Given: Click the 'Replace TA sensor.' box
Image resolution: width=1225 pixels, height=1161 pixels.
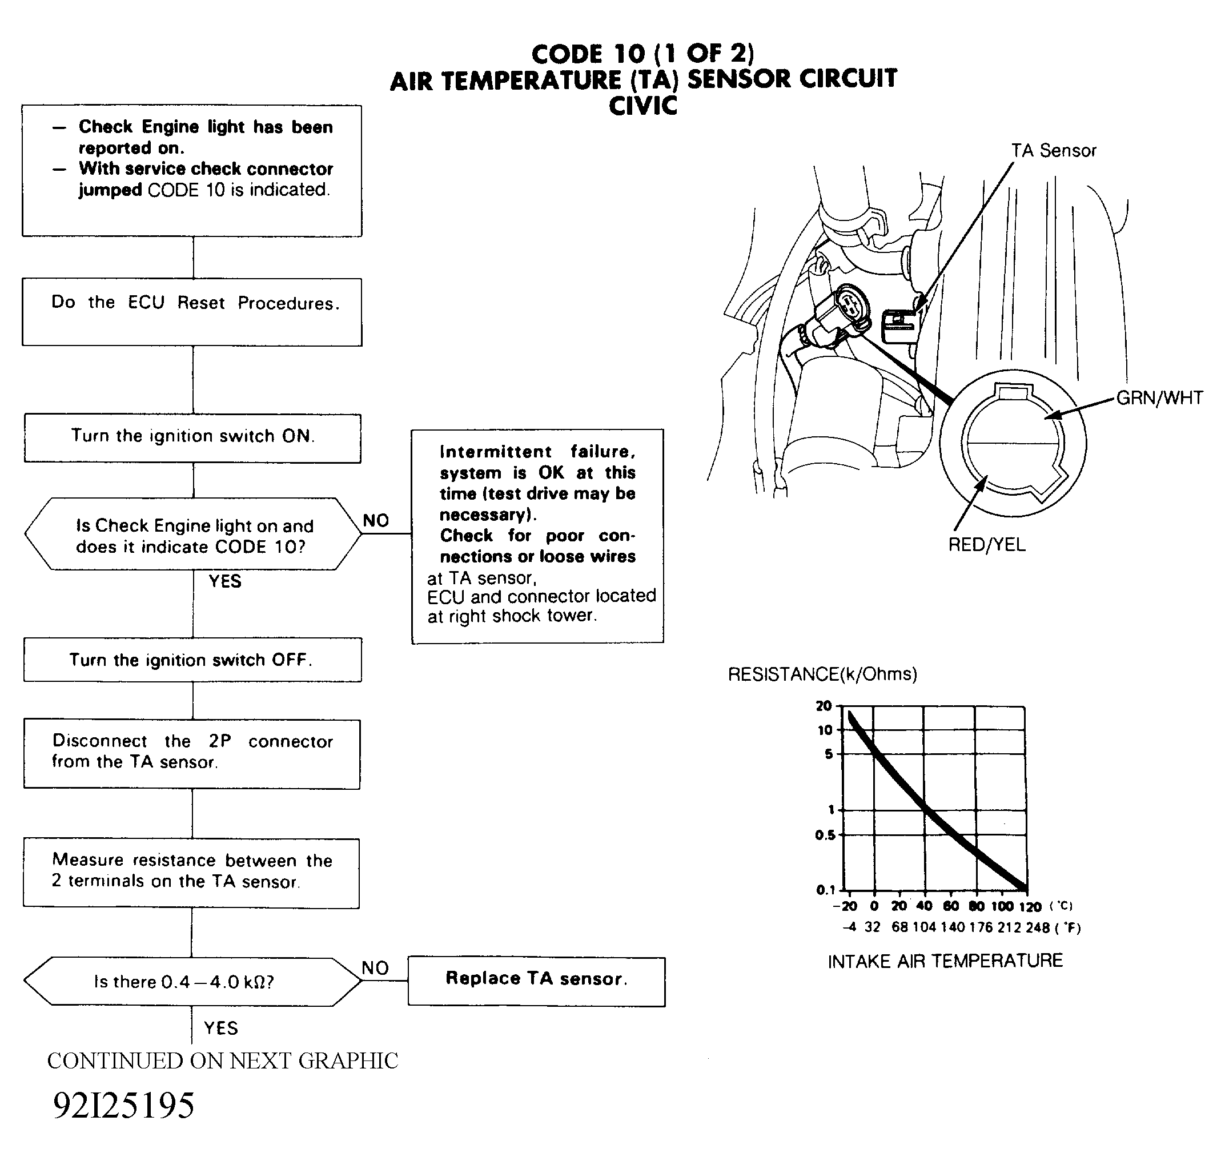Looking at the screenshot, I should [536, 982].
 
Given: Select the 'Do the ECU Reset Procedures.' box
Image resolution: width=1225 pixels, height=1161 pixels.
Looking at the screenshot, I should [192, 312].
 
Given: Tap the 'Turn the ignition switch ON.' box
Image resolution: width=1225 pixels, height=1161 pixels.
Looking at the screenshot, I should [192, 438].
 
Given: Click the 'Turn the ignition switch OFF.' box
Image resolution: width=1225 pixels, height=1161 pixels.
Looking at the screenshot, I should [192, 660].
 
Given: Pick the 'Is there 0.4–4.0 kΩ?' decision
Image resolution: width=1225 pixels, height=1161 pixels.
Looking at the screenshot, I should [192, 982].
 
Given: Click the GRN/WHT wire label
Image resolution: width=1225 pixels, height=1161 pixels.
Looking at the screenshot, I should [1159, 398].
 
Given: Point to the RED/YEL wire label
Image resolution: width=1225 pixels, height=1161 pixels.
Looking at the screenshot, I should [987, 545].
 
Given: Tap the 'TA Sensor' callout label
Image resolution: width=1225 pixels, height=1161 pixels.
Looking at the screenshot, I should [1054, 151].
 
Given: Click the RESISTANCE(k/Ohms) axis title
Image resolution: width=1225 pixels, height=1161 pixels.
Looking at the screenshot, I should [822, 674].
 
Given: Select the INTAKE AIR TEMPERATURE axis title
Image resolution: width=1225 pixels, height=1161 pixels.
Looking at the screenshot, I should [945, 961].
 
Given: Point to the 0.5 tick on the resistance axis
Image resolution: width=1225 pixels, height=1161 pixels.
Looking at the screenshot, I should [825, 835].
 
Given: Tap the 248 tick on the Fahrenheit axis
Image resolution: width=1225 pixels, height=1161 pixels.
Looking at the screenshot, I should [1038, 927].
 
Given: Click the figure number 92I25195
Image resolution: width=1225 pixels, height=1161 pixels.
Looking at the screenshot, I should [124, 1105].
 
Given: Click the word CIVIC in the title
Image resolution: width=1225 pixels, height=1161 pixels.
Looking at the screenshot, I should [642, 106].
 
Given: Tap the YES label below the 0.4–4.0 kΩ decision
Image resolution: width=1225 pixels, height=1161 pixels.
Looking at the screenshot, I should [221, 1028].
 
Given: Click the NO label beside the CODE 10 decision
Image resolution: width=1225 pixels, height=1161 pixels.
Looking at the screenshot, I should [376, 520].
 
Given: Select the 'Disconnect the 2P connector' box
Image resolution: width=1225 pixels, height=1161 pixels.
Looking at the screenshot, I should [192, 754].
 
